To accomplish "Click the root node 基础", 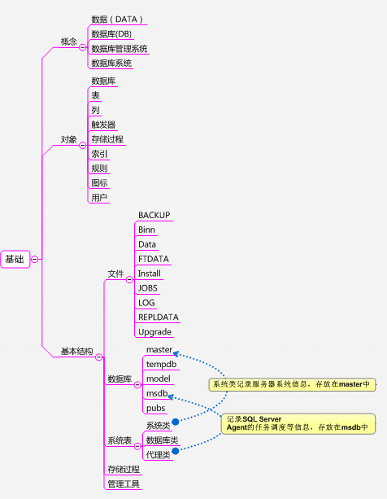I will click(15, 259).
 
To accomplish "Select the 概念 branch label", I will click(69, 41).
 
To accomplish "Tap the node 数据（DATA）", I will click(117, 19).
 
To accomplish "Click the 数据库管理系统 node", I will click(119, 48).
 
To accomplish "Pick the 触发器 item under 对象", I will click(103, 125).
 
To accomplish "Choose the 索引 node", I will click(99, 154).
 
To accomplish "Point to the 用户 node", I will click(99, 198).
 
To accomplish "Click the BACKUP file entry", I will click(154, 215).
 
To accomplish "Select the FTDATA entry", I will click(153, 259).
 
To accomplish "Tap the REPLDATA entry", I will click(158, 317).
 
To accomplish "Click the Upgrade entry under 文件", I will click(154, 331).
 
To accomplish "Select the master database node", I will click(159, 349).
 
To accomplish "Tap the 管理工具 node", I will click(123, 484).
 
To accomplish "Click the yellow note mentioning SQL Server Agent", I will click(299, 422).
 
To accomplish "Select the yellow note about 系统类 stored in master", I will click(291, 384).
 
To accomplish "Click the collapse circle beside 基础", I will click(35, 259).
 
